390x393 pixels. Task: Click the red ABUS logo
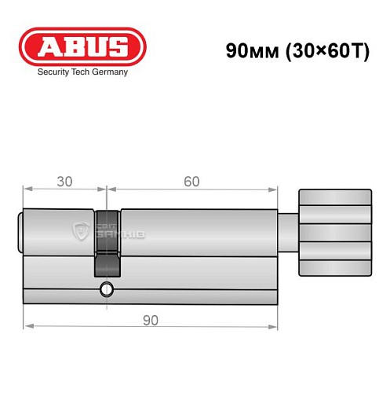click(82, 45)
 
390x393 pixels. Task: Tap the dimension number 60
click(191, 182)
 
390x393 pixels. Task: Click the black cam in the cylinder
click(107, 242)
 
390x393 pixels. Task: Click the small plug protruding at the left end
click(20, 232)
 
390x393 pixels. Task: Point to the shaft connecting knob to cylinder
click(290, 232)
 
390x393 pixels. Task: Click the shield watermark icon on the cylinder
click(80, 230)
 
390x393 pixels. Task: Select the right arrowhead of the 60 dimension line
click(275, 189)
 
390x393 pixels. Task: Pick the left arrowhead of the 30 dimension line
click(26, 189)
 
